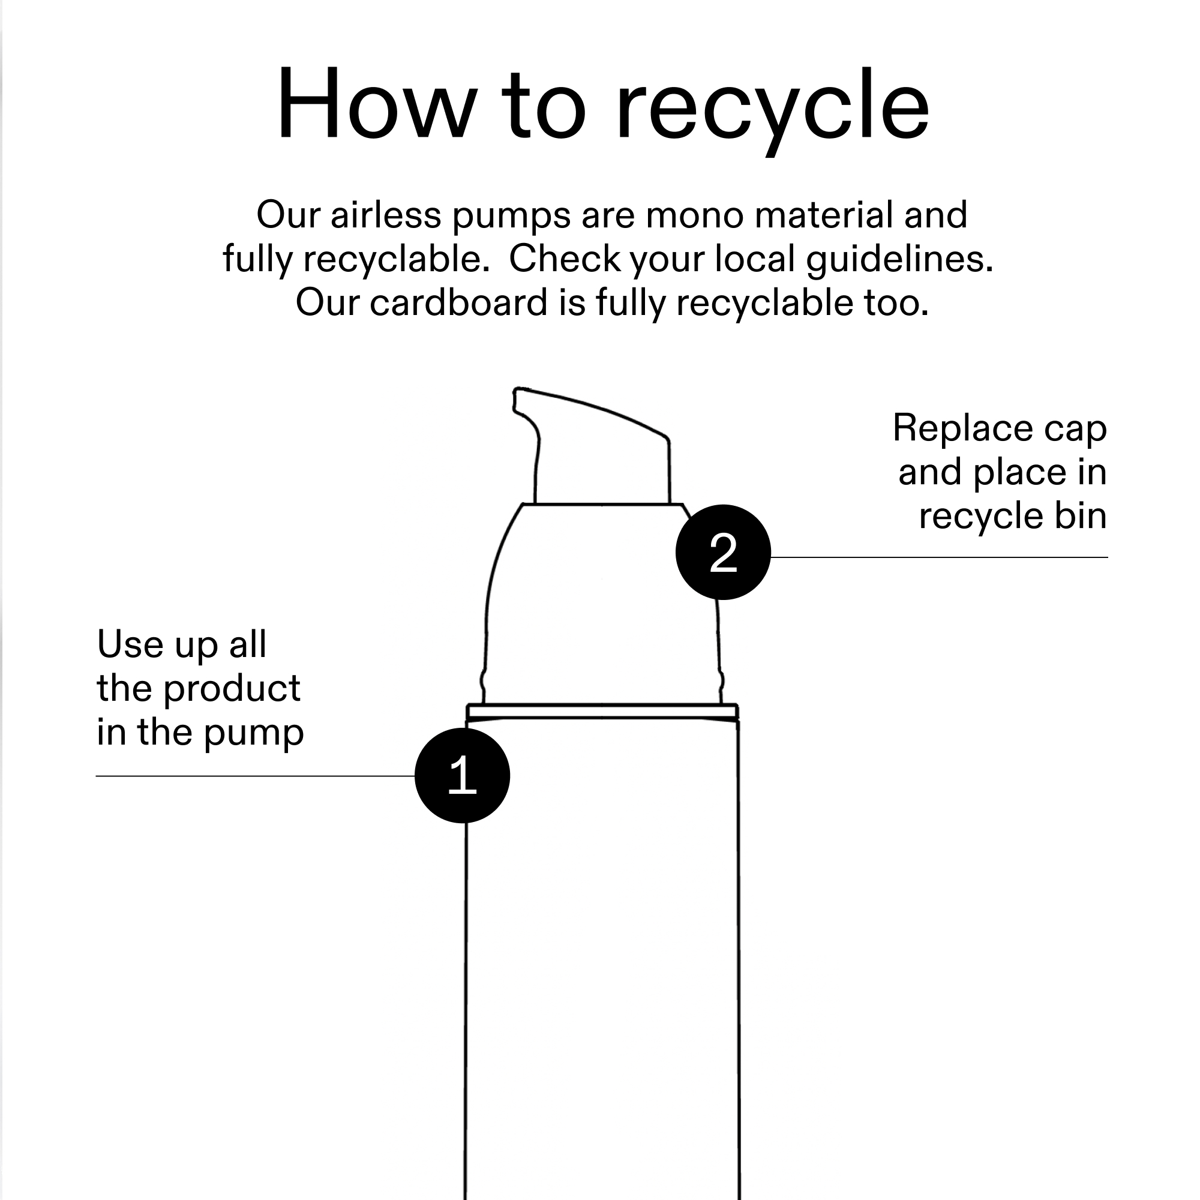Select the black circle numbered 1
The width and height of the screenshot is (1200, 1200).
point(462,776)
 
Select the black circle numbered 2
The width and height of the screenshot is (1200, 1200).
point(723,552)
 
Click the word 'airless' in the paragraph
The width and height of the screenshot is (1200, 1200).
point(386,214)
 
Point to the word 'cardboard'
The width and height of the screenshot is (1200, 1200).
point(458,302)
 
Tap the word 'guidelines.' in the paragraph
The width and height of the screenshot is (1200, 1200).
point(899,260)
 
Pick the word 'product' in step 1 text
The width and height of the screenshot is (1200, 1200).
point(232,689)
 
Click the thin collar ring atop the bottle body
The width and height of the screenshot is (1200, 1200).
point(602,711)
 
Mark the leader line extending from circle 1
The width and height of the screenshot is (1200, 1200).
point(255,776)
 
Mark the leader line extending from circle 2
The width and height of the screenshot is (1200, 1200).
point(939,557)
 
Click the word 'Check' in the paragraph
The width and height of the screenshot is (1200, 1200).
point(565,259)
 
